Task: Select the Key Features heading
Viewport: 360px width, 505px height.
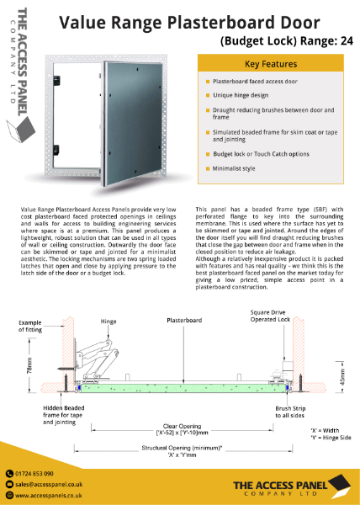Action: (269, 64)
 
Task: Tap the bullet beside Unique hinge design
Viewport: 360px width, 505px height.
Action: (206, 97)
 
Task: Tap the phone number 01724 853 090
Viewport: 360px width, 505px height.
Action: (36, 474)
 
